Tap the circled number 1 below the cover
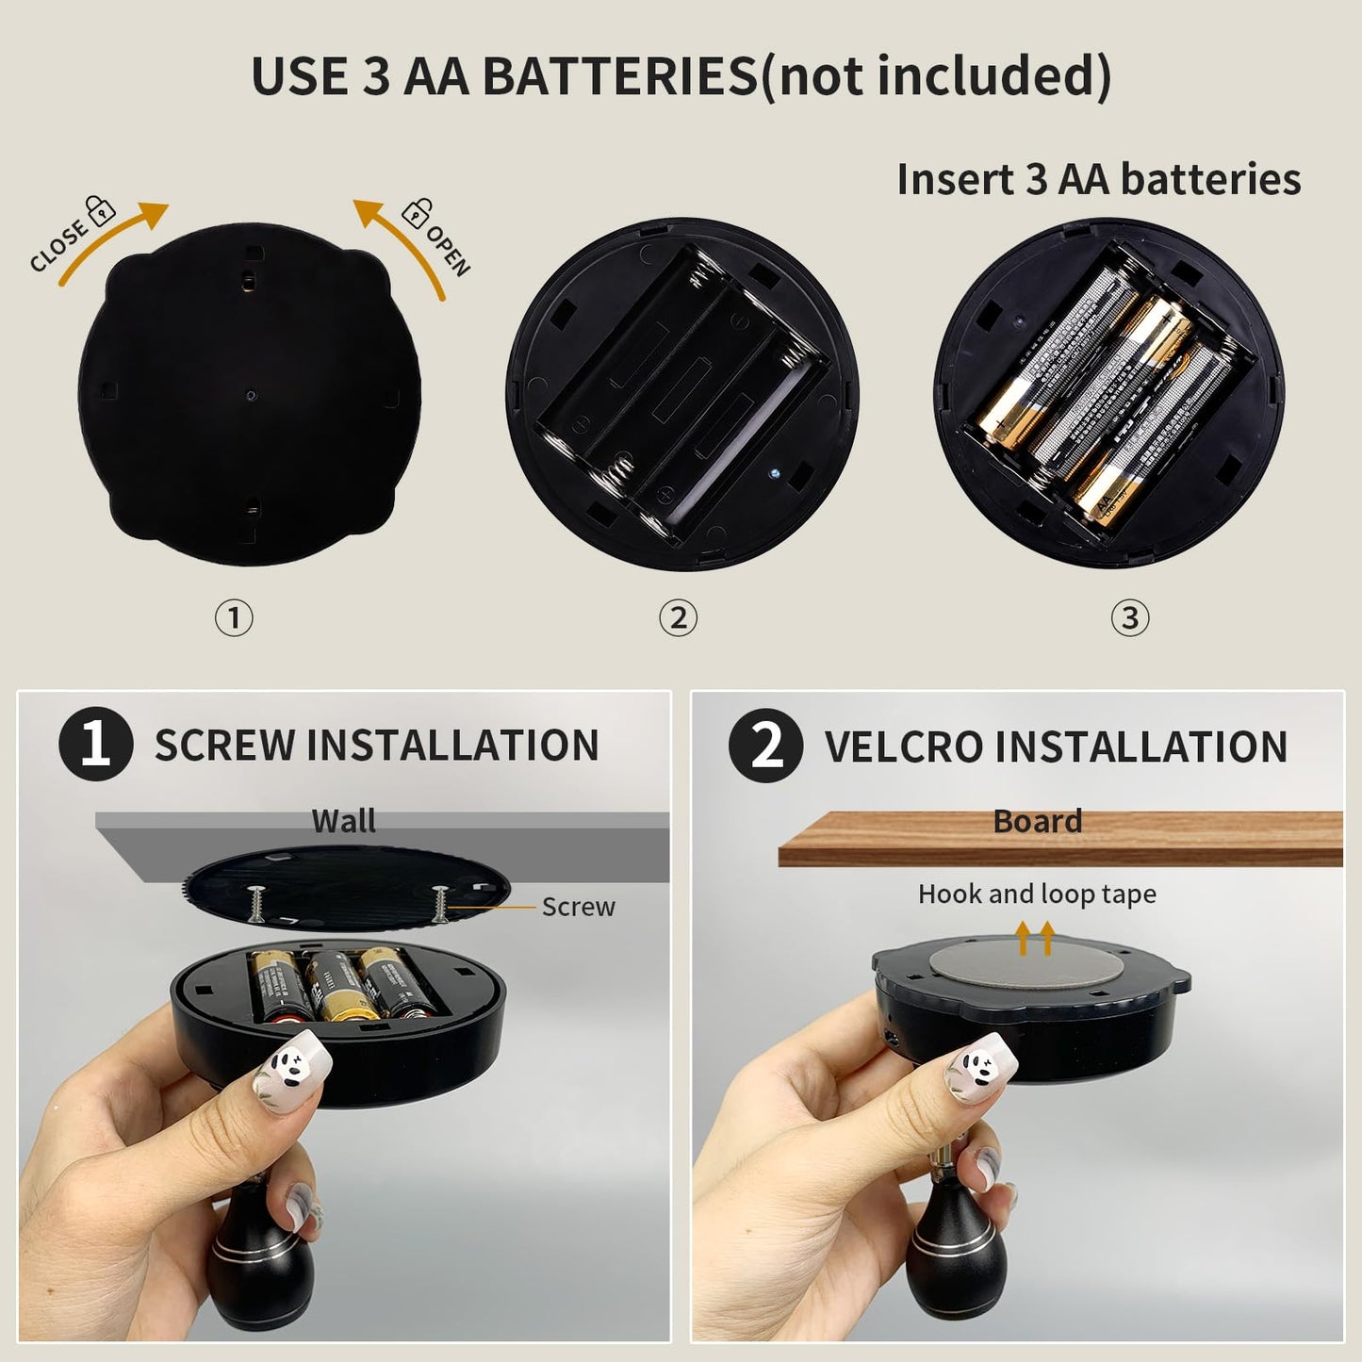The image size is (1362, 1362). (x=234, y=618)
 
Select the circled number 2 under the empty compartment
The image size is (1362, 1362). (x=678, y=618)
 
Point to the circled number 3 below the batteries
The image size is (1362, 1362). (x=1130, y=618)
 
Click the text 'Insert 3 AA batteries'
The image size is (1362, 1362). (x=1098, y=179)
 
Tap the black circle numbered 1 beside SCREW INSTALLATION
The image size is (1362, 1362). (x=95, y=745)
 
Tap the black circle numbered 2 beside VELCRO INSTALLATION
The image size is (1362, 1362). (x=765, y=746)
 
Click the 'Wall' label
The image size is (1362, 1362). (x=343, y=821)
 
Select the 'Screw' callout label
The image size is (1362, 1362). (x=578, y=907)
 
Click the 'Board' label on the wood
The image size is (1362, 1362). (x=1037, y=821)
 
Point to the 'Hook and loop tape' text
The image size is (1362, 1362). (x=1037, y=894)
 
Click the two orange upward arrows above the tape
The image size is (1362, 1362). (x=1035, y=938)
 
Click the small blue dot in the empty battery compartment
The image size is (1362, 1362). (x=772, y=471)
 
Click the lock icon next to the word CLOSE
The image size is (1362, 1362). (x=99, y=209)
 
